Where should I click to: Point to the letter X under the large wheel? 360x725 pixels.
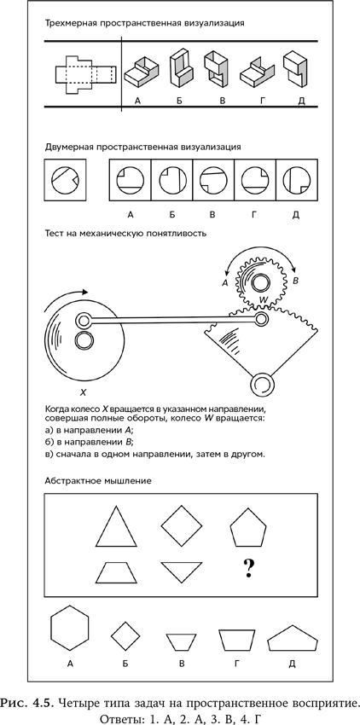pyautogui.click(x=83, y=393)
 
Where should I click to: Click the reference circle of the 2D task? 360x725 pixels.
pyautogui.click(x=63, y=180)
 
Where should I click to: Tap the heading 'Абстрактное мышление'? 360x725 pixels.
pyautogui.click(x=98, y=481)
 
